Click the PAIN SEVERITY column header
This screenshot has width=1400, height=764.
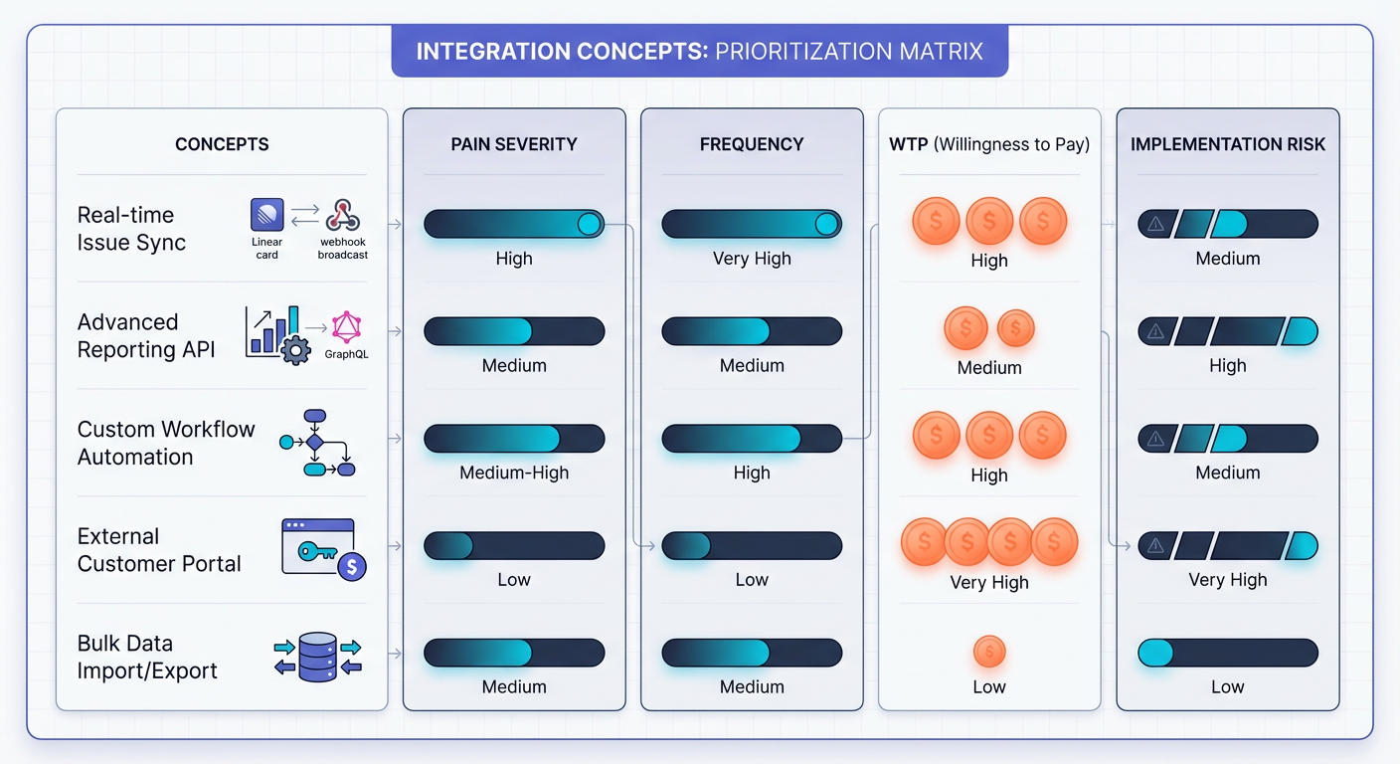514,144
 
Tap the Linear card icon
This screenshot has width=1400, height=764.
267,215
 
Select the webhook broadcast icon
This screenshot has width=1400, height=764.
343,215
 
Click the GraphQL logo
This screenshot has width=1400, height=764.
347,327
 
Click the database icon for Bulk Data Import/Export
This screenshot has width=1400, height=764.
318,657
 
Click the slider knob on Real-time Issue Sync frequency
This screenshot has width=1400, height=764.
826,225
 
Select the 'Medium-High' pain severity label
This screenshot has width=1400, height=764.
514,473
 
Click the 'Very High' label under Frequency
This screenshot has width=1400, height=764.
752,259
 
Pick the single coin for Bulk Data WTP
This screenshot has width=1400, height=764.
989,653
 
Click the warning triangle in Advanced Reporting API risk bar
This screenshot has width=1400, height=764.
1155,332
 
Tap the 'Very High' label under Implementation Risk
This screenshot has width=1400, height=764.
1228,580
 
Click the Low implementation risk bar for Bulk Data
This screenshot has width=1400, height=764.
1228,653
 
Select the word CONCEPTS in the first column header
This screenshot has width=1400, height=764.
222,144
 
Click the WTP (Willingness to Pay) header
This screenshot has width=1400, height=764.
989,144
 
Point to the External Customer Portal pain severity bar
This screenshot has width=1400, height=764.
514,546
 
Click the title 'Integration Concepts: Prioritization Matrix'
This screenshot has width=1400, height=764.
700,52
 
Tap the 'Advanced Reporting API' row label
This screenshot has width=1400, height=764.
146,335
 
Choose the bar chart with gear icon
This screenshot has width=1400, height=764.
277,334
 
